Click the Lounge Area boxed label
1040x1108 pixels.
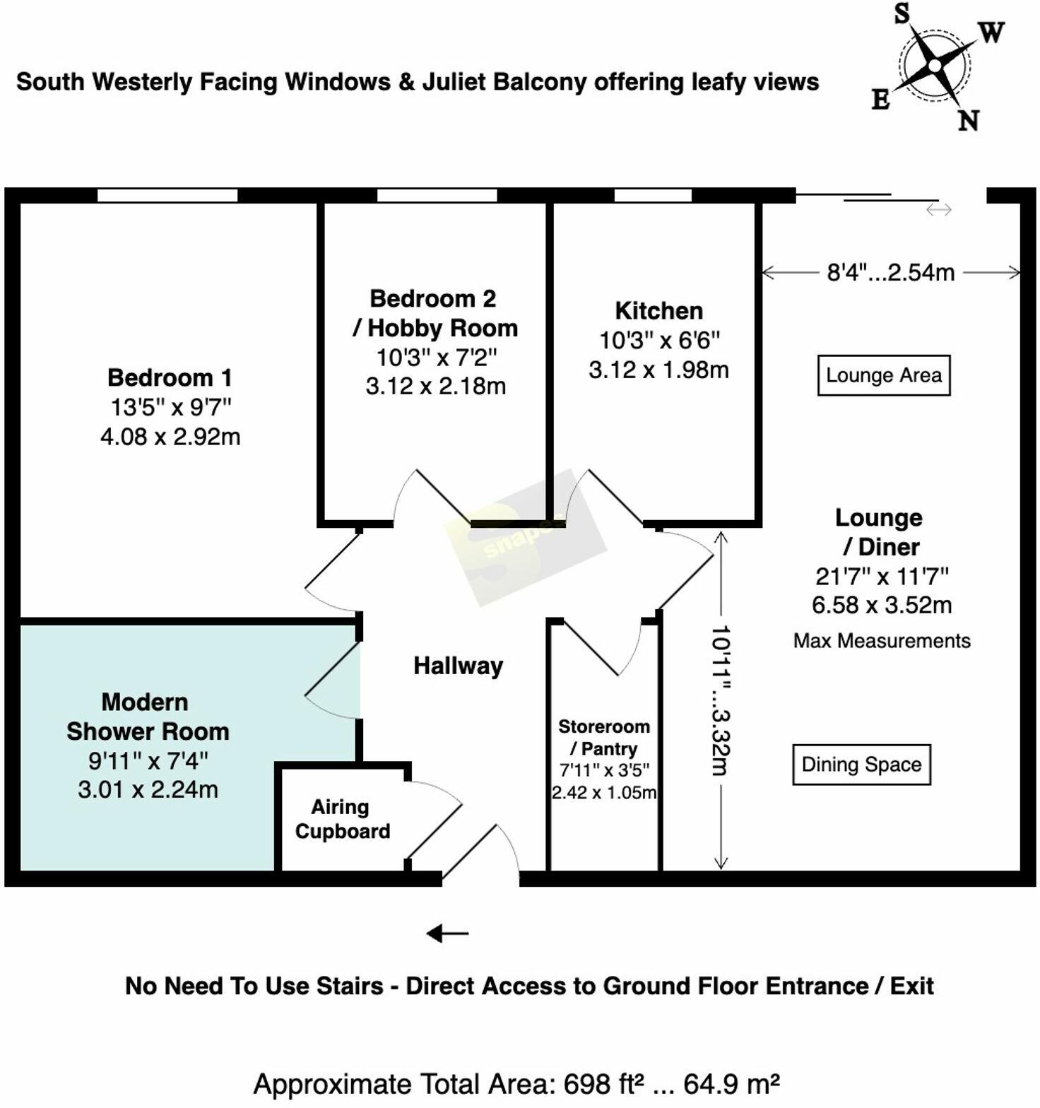coord(883,375)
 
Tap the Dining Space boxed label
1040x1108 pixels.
coord(861,765)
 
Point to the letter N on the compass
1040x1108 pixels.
coord(969,120)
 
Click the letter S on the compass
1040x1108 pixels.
coord(902,13)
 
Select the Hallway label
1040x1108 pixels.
coord(458,666)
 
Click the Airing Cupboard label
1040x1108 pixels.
coord(343,819)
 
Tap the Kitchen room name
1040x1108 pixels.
coord(658,311)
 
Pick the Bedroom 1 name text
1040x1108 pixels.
coord(170,378)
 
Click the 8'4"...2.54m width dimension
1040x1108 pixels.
coord(891,272)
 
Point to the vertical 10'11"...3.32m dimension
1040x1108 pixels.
coord(721,700)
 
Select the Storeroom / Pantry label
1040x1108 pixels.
coord(604,737)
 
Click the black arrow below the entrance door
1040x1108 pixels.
coord(447,933)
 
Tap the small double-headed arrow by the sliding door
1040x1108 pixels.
coord(939,210)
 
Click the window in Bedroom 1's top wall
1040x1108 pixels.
coord(167,195)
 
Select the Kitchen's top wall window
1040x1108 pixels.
coord(653,195)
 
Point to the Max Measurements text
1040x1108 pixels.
coord(882,641)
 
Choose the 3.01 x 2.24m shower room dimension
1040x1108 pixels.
coord(148,789)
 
